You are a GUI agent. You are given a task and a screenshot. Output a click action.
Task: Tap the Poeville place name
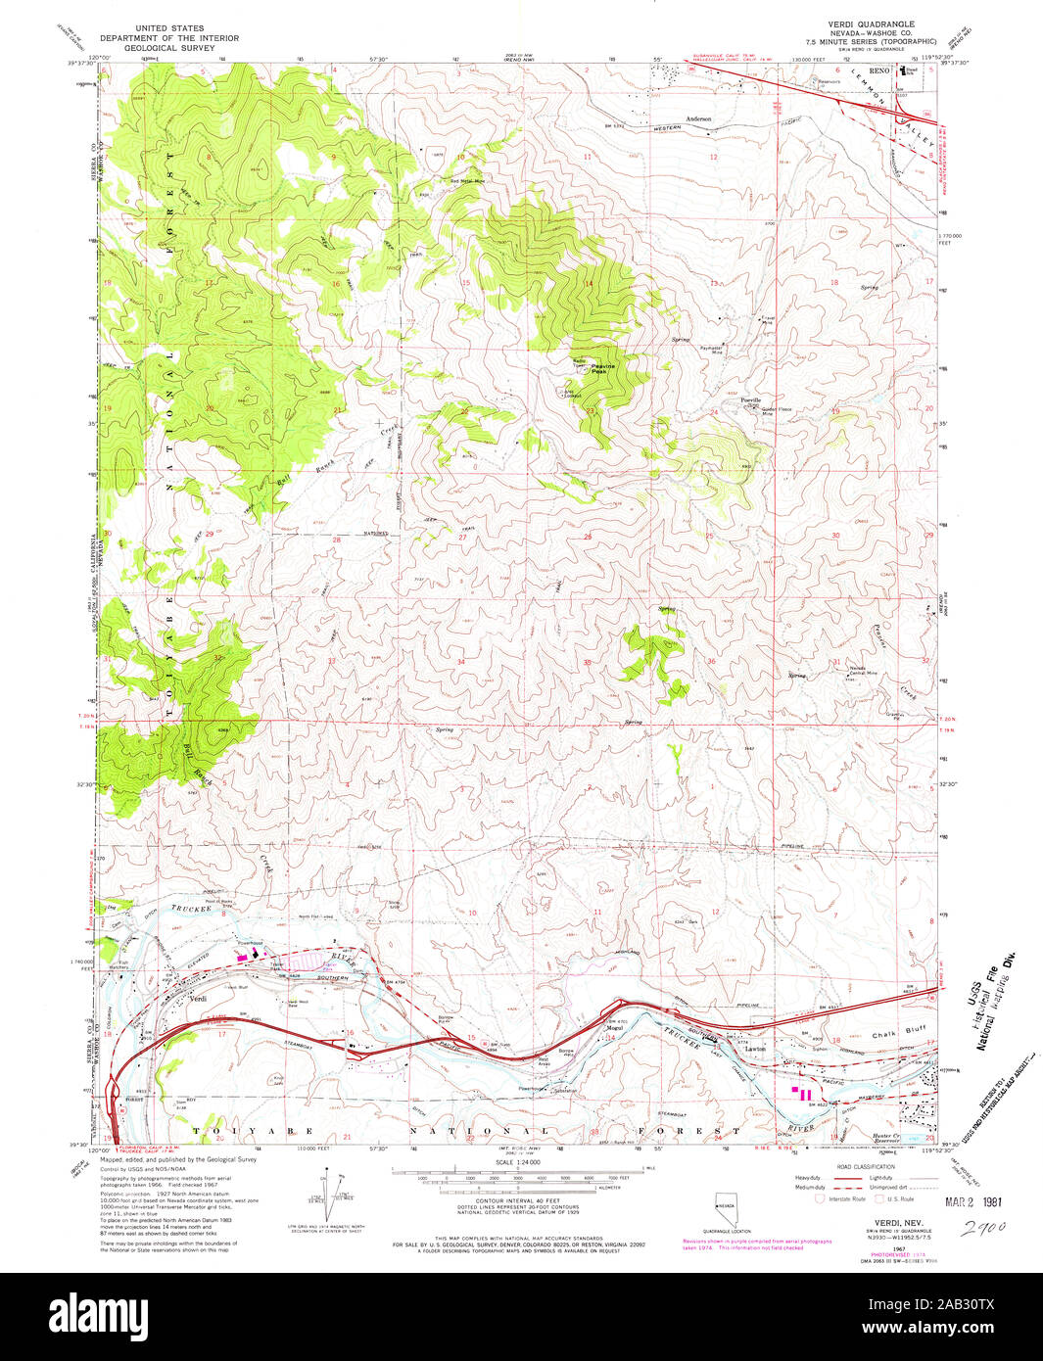click(751, 400)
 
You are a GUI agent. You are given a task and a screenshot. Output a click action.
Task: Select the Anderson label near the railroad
click(698, 118)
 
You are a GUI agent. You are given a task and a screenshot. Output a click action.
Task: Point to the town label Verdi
click(196, 1000)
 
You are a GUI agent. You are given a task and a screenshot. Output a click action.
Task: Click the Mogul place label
click(615, 1027)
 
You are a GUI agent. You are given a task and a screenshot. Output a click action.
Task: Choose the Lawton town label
click(754, 1048)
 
